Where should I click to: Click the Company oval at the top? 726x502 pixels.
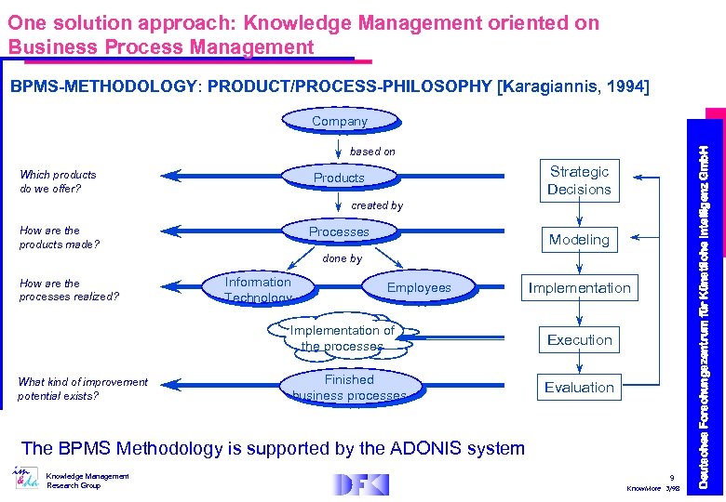coord(340,121)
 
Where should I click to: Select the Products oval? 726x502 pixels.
coord(339,178)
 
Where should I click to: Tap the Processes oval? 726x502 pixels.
coord(339,231)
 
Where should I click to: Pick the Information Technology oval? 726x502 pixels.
coord(258,289)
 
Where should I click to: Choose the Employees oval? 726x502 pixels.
coord(418,288)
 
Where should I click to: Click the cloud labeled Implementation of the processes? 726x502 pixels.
coord(342,337)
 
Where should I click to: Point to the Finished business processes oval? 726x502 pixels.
coord(349,388)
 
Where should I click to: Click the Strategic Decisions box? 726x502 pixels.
coord(579,180)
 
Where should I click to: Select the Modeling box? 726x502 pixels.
coord(579,240)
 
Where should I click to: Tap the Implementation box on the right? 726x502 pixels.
coord(579,288)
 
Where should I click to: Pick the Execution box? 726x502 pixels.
coord(579,340)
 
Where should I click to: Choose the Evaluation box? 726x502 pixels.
coord(579,388)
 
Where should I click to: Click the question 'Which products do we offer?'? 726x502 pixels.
coord(58,181)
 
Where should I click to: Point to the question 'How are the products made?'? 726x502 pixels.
coord(59,237)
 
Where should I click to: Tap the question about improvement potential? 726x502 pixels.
coord(82,389)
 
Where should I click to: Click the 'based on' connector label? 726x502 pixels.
coord(372,152)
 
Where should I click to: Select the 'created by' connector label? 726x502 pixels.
coord(377,205)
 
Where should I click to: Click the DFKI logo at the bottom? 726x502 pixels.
coord(360,484)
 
